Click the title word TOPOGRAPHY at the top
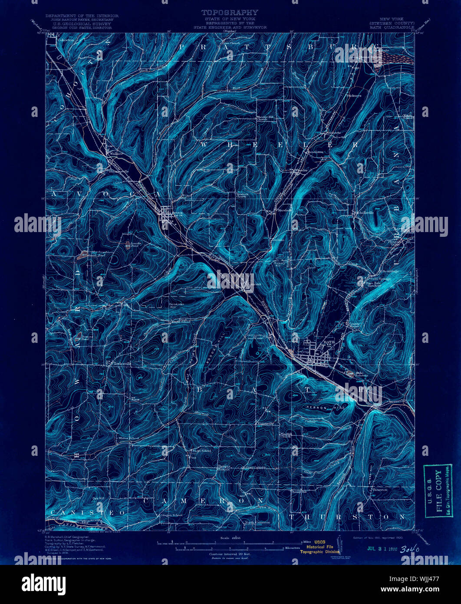(x=230, y=13)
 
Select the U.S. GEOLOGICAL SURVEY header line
(x=81, y=24)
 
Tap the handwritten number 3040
(x=410, y=549)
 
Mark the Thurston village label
(x=379, y=489)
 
